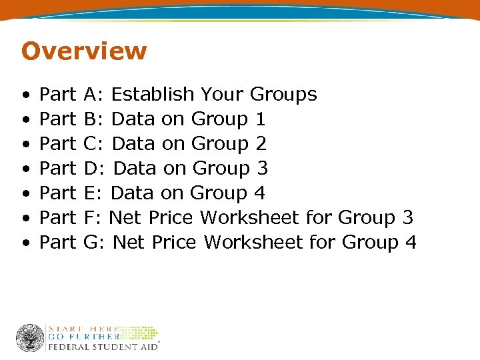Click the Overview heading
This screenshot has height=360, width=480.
tap(84, 51)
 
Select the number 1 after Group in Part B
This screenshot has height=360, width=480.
tap(260, 119)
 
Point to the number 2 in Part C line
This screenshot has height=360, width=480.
tap(261, 144)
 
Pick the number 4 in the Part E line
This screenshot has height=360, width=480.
tap(259, 193)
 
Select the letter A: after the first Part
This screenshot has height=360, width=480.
tap(93, 95)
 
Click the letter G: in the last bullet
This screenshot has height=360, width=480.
tap(95, 243)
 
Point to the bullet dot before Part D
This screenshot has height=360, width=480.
tap(25, 169)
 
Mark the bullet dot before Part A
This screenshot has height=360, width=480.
tap(25, 95)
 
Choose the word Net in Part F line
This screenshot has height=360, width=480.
tap(125, 218)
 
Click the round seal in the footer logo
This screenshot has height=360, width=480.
tap(30, 338)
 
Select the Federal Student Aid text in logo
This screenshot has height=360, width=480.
tap(101, 347)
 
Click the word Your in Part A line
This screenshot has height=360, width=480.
tap(223, 95)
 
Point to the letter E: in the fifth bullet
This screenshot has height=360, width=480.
tap(93, 193)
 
